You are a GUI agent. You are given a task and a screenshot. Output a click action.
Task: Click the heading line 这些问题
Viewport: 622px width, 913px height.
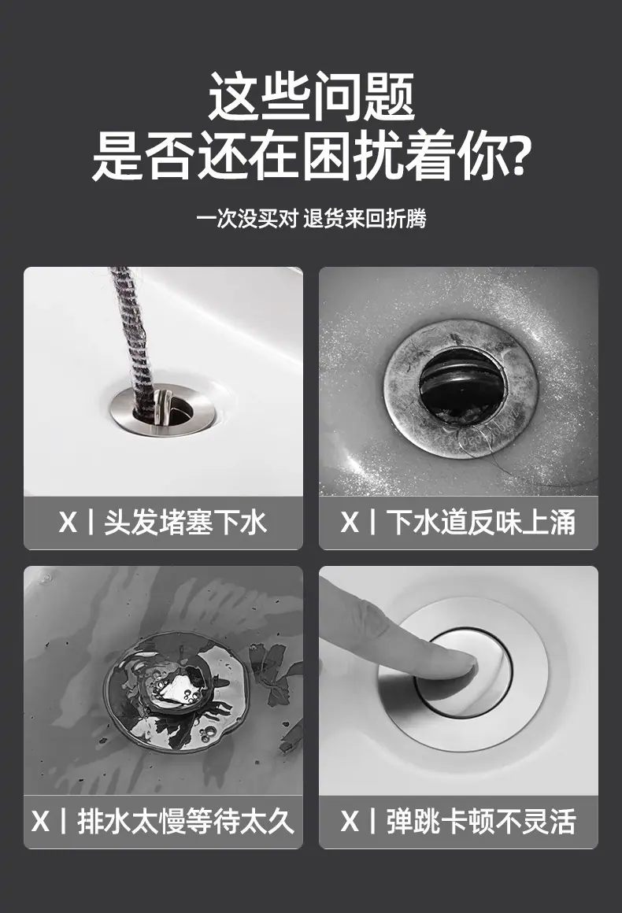311,97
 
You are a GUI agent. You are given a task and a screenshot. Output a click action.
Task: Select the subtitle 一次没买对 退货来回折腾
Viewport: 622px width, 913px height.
311,219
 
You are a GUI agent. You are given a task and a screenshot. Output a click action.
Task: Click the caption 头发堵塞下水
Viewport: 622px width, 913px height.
185,523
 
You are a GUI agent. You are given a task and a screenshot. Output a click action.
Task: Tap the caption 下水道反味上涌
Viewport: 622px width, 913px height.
482,523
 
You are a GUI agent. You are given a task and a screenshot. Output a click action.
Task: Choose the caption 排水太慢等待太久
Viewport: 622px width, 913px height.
185,822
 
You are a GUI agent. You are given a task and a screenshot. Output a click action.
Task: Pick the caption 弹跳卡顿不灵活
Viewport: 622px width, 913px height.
482,822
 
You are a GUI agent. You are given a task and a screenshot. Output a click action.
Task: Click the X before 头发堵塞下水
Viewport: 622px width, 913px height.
68,523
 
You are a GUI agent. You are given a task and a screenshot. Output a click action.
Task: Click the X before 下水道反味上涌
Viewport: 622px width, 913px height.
350,523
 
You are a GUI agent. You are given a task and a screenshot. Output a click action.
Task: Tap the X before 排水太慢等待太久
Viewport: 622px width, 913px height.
41,822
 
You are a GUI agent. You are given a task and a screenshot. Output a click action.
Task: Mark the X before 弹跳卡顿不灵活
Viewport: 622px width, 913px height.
350,822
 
